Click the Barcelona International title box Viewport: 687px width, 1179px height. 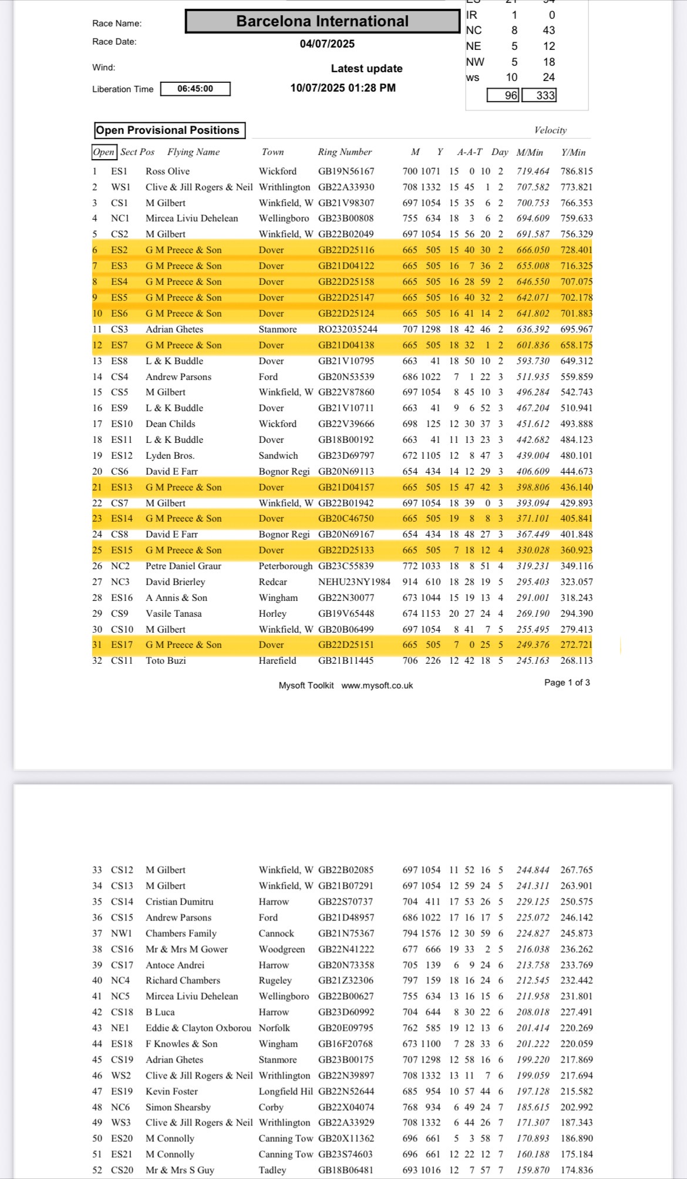pos(322,21)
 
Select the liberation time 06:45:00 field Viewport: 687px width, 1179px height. pos(195,89)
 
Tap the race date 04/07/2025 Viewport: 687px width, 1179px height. pos(327,44)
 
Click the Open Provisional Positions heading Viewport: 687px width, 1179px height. pos(168,130)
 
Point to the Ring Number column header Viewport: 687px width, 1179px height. pos(345,152)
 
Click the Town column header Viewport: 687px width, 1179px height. pos(272,152)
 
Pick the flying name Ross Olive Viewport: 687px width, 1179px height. pos(167,172)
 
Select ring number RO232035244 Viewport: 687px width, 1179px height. pos(348,330)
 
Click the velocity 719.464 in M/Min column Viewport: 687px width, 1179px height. pos(533,172)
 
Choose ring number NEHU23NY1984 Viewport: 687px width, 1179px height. pos(354,582)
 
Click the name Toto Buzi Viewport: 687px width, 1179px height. pos(166,661)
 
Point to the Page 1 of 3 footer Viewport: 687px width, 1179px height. pos(567,683)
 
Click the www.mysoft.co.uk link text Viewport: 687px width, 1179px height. pos(377,686)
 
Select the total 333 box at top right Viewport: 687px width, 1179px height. pos(539,95)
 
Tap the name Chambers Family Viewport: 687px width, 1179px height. pos(181,933)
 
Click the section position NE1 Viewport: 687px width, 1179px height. pos(119,1028)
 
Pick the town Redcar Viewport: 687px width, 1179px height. pos(273,582)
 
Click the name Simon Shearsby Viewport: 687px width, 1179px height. pos(178,1107)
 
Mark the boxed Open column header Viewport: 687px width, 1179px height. pos(104,152)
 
